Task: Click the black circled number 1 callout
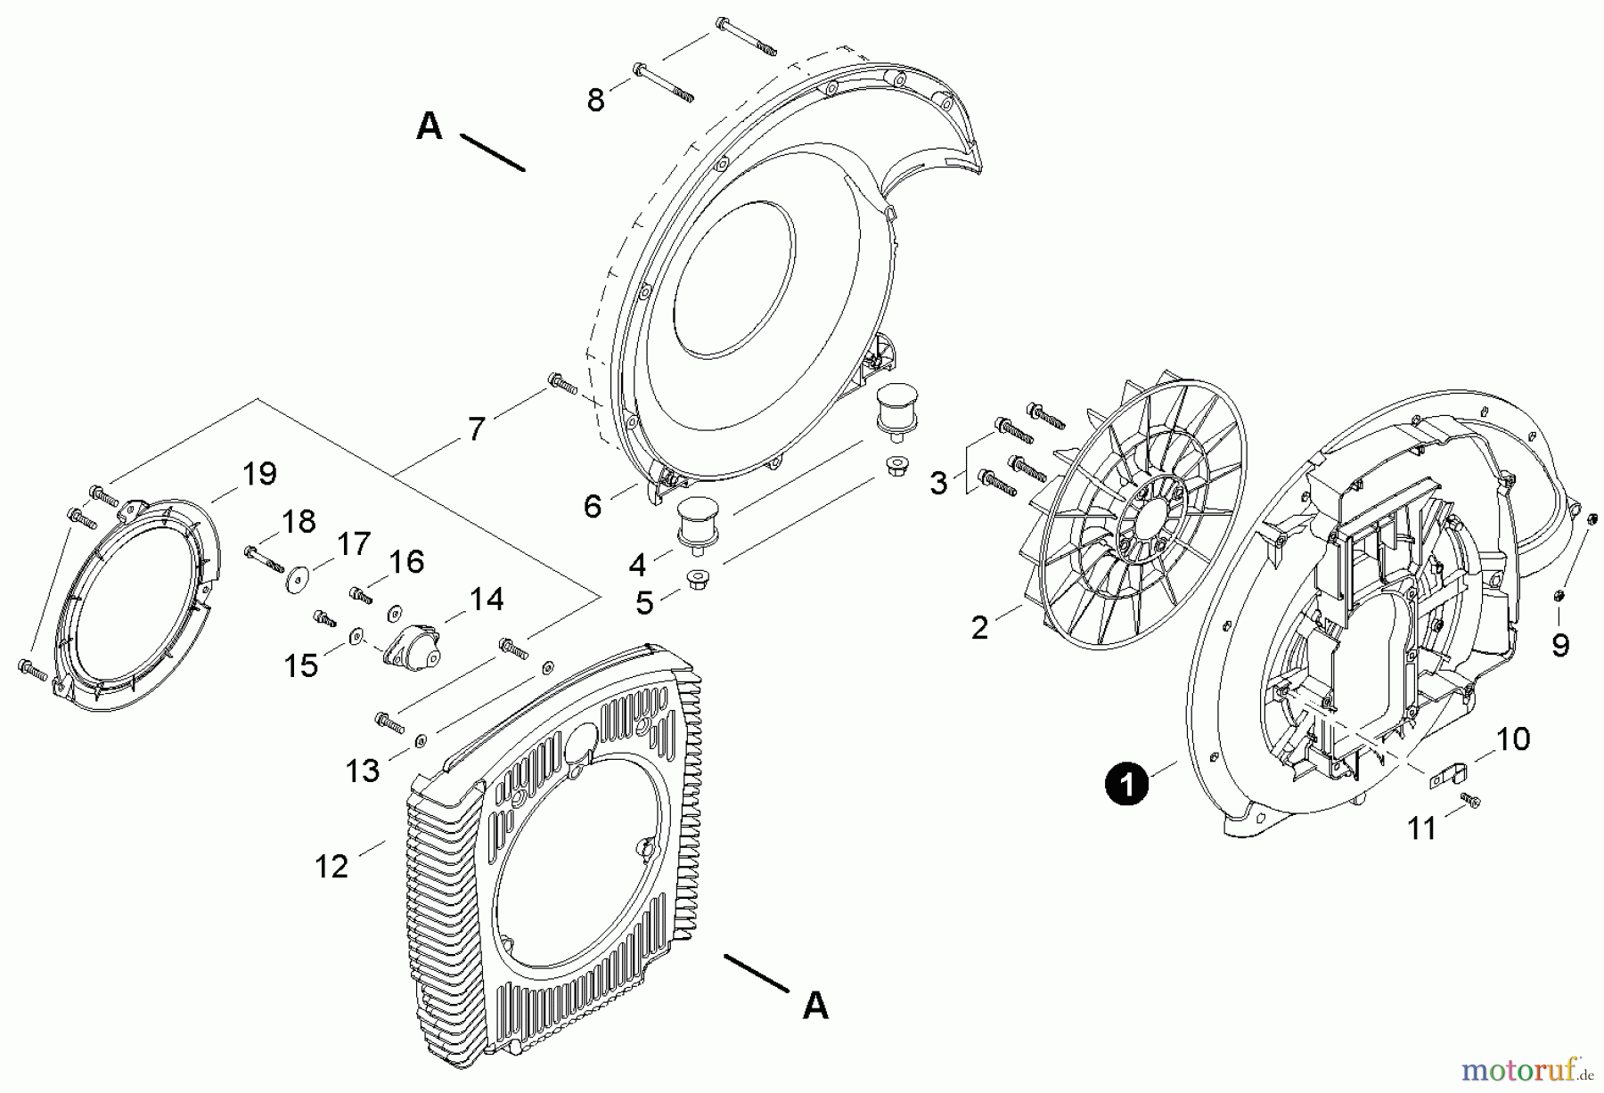click(x=1126, y=786)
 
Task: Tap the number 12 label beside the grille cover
click(x=331, y=865)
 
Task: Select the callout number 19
click(x=259, y=474)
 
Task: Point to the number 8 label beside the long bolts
click(x=595, y=101)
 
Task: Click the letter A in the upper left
click(x=430, y=126)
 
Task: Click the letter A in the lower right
click(x=815, y=1006)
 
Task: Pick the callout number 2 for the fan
click(x=979, y=628)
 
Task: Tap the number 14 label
click(x=487, y=599)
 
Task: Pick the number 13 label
click(x=362, y=770)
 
